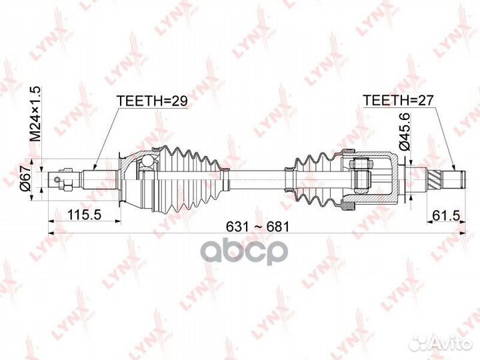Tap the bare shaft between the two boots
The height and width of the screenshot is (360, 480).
point(257,178)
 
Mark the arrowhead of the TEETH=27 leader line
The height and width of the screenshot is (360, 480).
point(455,167)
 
